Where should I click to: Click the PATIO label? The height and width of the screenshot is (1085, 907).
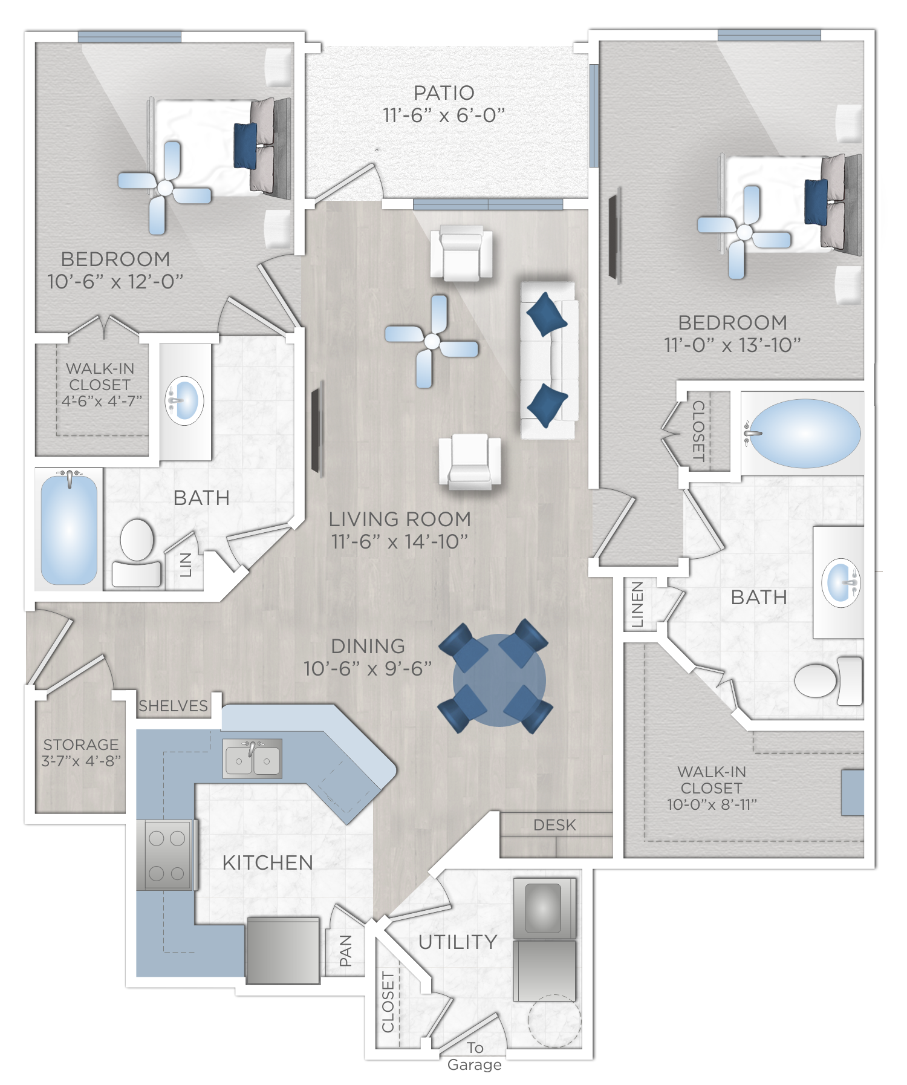tap(444, 93)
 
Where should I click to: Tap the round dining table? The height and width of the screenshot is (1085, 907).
tap(499, 680)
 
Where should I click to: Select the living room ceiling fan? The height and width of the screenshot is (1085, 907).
tap(432, 342)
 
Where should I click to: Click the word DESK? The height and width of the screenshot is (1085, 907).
tap(554, 825)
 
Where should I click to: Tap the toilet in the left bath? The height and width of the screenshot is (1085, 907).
tap(137, 553)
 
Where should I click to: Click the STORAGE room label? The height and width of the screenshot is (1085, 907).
tap(81, 745)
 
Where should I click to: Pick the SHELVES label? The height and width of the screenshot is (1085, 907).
tap(173, 706)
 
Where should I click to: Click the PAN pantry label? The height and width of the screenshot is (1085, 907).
tap(345, 950)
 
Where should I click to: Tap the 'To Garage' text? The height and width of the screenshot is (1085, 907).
tap(475, 1056)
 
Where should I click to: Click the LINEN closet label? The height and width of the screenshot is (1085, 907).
tap(637, 605)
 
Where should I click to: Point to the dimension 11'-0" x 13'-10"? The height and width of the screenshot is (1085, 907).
tap(732, 345)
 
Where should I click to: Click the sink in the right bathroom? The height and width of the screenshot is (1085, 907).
tap(840, 582)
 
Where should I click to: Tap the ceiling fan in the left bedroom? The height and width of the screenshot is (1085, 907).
tap(164, 188)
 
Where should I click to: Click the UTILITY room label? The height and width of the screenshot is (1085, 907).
tap(458, 942)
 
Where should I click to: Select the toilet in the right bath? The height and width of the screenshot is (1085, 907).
tap(828, 680)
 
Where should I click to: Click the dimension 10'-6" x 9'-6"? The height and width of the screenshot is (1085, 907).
tap(368, 669)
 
